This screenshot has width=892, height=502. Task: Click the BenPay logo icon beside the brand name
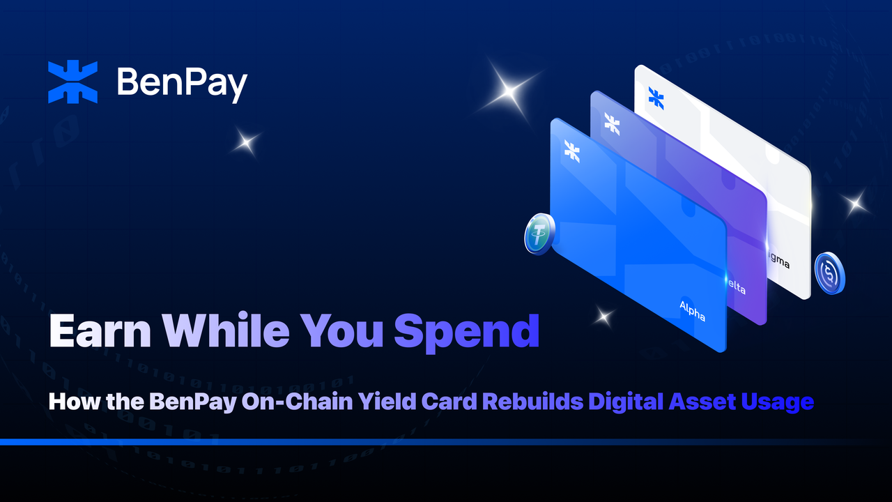(x=72, y=82)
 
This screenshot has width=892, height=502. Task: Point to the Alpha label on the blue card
(x=693, y=311)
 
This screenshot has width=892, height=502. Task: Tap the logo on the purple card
(x=613, y=123)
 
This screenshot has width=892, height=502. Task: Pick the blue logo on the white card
(x=656, y=98)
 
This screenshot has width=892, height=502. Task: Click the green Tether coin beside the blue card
(x=539, y=234)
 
